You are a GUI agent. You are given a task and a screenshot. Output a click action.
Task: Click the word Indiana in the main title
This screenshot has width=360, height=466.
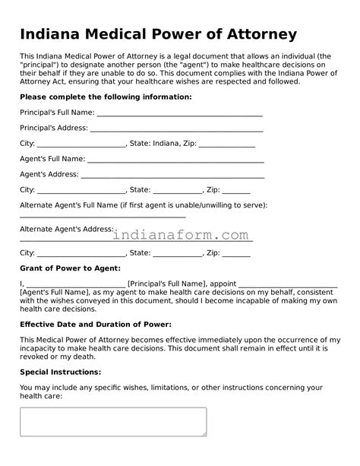tap(52, 35)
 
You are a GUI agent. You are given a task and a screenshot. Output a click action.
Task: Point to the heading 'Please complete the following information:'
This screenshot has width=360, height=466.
tap(106, 97)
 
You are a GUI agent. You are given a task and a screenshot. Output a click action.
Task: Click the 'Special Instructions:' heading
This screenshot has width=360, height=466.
tap(60, 372)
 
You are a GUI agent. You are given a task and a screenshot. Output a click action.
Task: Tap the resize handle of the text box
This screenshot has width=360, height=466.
tap(204, 433)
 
